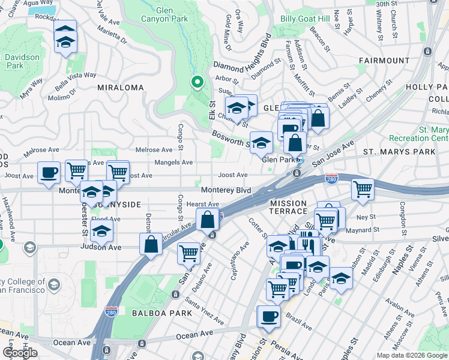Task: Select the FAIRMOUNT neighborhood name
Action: point(384,61)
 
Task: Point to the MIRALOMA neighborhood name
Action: point(121,88)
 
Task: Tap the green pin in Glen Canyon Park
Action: point(196,83)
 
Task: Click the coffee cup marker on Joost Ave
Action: point(49,173)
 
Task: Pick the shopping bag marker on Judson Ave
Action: point(151,244)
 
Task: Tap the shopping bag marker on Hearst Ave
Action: point(207,220)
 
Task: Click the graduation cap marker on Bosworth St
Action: point(261,143)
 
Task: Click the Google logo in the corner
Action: point(20,353)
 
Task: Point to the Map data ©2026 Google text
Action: point(411,355)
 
